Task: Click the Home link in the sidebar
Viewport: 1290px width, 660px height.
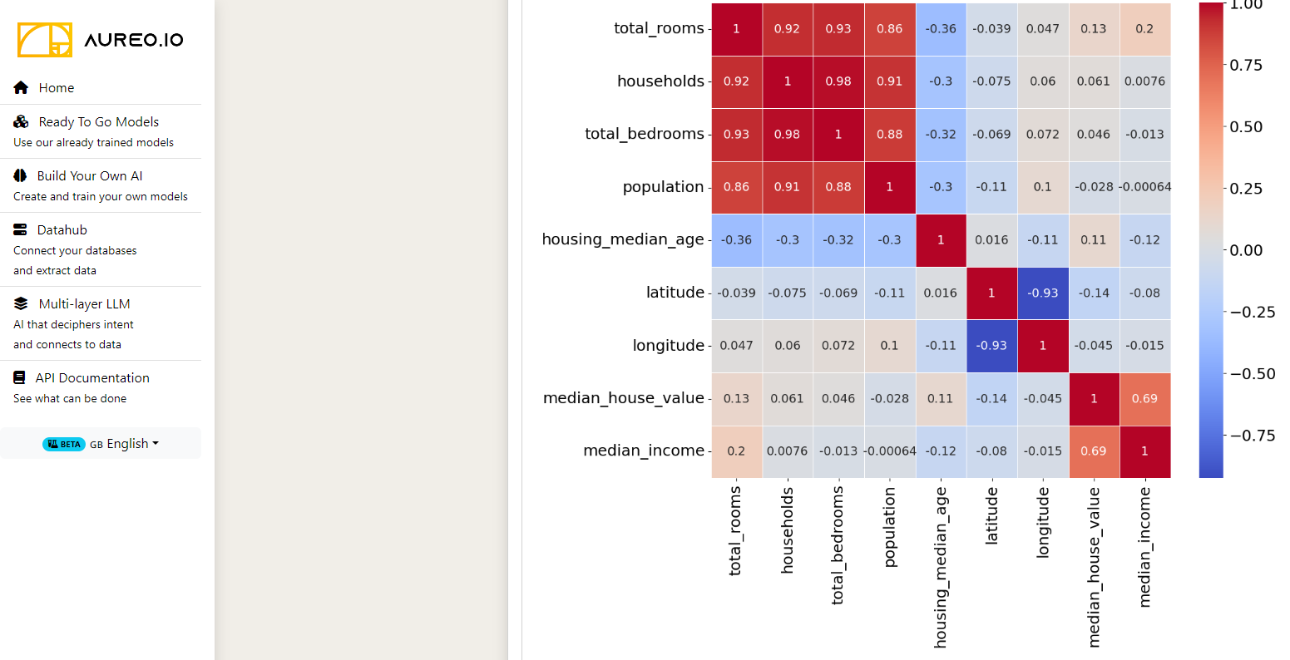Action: click(56, 88)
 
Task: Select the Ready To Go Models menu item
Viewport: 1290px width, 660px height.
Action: click(98, 122)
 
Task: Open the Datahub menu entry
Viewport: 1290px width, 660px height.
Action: click(62, 230)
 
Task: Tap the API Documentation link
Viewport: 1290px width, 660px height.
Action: click(91, 378)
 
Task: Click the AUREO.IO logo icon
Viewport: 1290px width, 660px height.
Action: click(45, 39)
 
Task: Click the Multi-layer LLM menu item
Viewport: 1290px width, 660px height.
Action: click(84, 304)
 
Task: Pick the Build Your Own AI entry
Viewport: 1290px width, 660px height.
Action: click(89, 176)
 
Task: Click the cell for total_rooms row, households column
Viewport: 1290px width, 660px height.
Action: click(787, 29)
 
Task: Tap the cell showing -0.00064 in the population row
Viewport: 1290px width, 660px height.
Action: click(1144, 187)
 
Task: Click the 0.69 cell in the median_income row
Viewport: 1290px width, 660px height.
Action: click(1094, 451)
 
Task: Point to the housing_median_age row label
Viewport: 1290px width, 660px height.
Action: click(623, 239)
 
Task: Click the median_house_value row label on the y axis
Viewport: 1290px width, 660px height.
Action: click(623, 398)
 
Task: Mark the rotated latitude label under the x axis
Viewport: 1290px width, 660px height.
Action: click(991, 516)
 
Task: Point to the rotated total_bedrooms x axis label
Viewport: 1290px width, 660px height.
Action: click(838, 545)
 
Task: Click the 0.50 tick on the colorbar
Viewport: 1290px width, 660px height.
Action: click(1246, 127)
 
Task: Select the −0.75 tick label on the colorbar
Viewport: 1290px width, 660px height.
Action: click(1252, 436)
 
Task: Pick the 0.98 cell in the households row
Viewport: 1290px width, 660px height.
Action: click(838, 81)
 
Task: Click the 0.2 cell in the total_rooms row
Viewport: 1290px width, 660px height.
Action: click(1144, 29)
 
